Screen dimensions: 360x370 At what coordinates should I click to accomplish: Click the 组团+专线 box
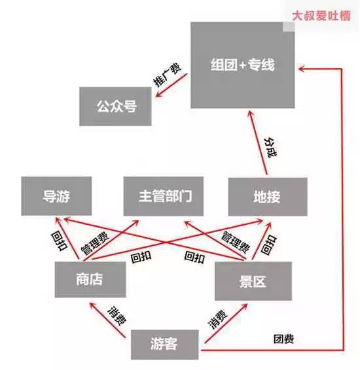pos(243,65)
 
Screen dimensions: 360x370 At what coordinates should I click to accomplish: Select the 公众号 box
pos(115,107)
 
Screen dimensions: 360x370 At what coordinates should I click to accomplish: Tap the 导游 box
pos(56,196)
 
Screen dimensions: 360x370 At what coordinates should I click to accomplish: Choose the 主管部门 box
pos(164,196)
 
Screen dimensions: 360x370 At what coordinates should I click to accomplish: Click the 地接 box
pos(268,197)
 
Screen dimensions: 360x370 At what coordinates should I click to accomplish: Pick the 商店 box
pos(90,279)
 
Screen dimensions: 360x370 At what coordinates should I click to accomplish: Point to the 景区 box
pos(253,281)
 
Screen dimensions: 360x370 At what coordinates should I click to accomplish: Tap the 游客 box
pos(165,345)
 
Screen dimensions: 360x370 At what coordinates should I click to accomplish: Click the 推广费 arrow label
pos(167,75)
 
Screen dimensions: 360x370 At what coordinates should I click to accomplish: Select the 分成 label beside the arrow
pos(270,147)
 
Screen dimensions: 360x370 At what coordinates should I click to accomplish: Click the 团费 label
pos(283,339)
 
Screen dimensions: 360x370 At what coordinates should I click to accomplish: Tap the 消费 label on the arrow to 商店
pos(117,316)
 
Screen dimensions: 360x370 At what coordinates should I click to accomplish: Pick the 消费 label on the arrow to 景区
pos(217,319)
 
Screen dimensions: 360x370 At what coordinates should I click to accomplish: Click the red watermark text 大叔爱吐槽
pos(321,16)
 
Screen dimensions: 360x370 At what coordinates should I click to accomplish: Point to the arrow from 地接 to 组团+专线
pos(258,143)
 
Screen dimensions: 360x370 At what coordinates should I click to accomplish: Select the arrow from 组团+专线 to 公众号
pos(171,85)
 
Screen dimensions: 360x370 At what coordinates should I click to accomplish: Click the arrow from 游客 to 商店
pos(107,320)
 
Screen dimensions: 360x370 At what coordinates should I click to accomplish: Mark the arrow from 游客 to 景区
pos(226,324)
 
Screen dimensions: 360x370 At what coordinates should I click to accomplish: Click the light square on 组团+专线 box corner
pos(289,26)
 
